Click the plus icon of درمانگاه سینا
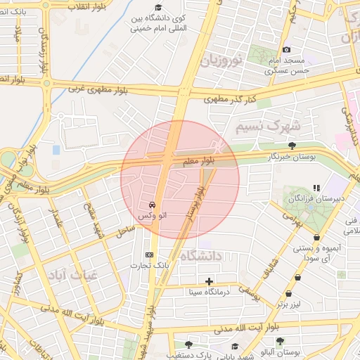(x=209, y=281)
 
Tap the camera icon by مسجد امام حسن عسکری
(x=286, y=49)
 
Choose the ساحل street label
(x=124, y=229)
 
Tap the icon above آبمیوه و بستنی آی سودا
(x=317, y=237)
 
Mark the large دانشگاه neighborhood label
(x=200, y=257)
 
